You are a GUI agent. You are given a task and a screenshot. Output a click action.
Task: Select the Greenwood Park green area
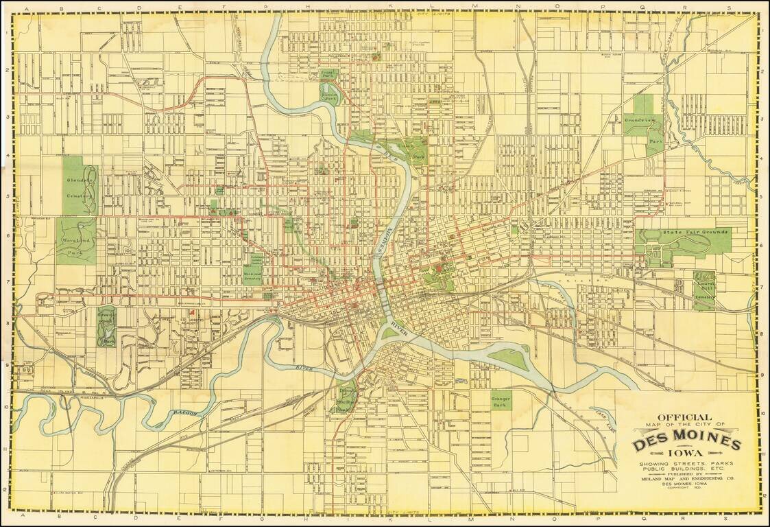pyautogui.click(x=107, y=327)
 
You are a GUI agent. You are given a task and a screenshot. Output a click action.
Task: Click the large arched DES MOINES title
pyautogui.click(x=686, y=443)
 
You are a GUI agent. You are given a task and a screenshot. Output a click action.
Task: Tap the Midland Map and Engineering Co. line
pyautogui.click(x=686, y=478)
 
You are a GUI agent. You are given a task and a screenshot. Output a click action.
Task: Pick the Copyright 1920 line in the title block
pyautogui.click(x=686, y=489)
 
